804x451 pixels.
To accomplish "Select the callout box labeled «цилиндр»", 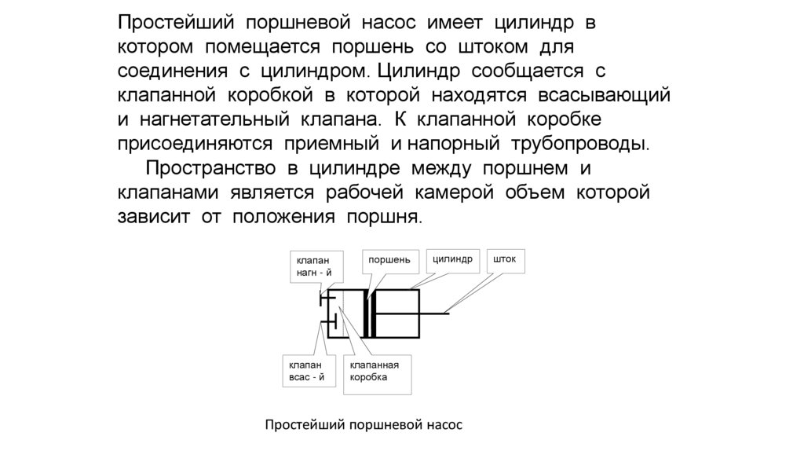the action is (x=452, y=260).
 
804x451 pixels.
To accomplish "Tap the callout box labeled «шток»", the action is (x=505, y=260).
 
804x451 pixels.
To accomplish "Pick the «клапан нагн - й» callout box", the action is (x=316, y=267).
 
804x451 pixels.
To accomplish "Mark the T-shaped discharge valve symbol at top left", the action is (x=323, y=299).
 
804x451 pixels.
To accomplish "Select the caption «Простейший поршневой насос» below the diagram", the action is (x=364, y=425).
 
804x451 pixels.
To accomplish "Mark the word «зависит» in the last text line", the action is (x=153, y=217).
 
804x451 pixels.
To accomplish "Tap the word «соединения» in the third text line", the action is (x=170, y=71).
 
